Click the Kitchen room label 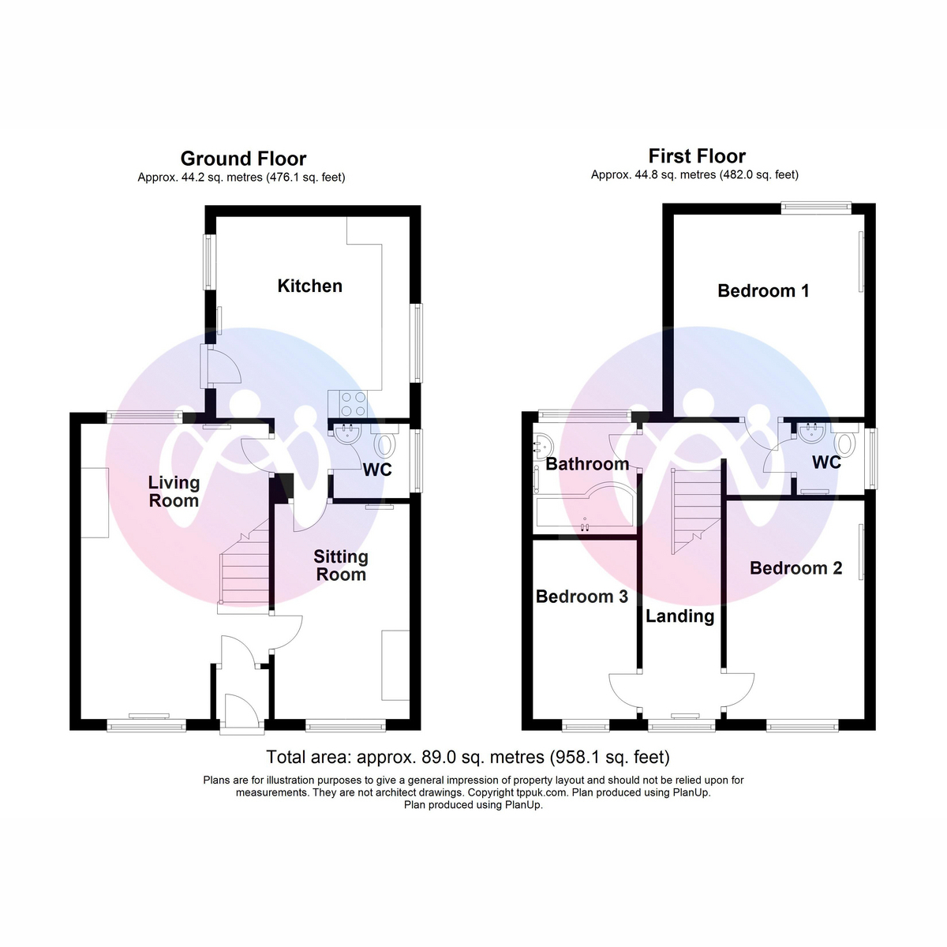point(309,286)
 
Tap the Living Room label point(174,491)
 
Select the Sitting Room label point(341,565)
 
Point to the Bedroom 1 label point(763,290)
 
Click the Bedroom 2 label point(795,568)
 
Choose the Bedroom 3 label point(582,597)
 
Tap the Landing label point(679,616)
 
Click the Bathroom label point(587,464)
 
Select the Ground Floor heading point(243,159)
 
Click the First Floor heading point(697,156)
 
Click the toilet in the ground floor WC point(386,444)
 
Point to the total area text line point(468,758)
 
